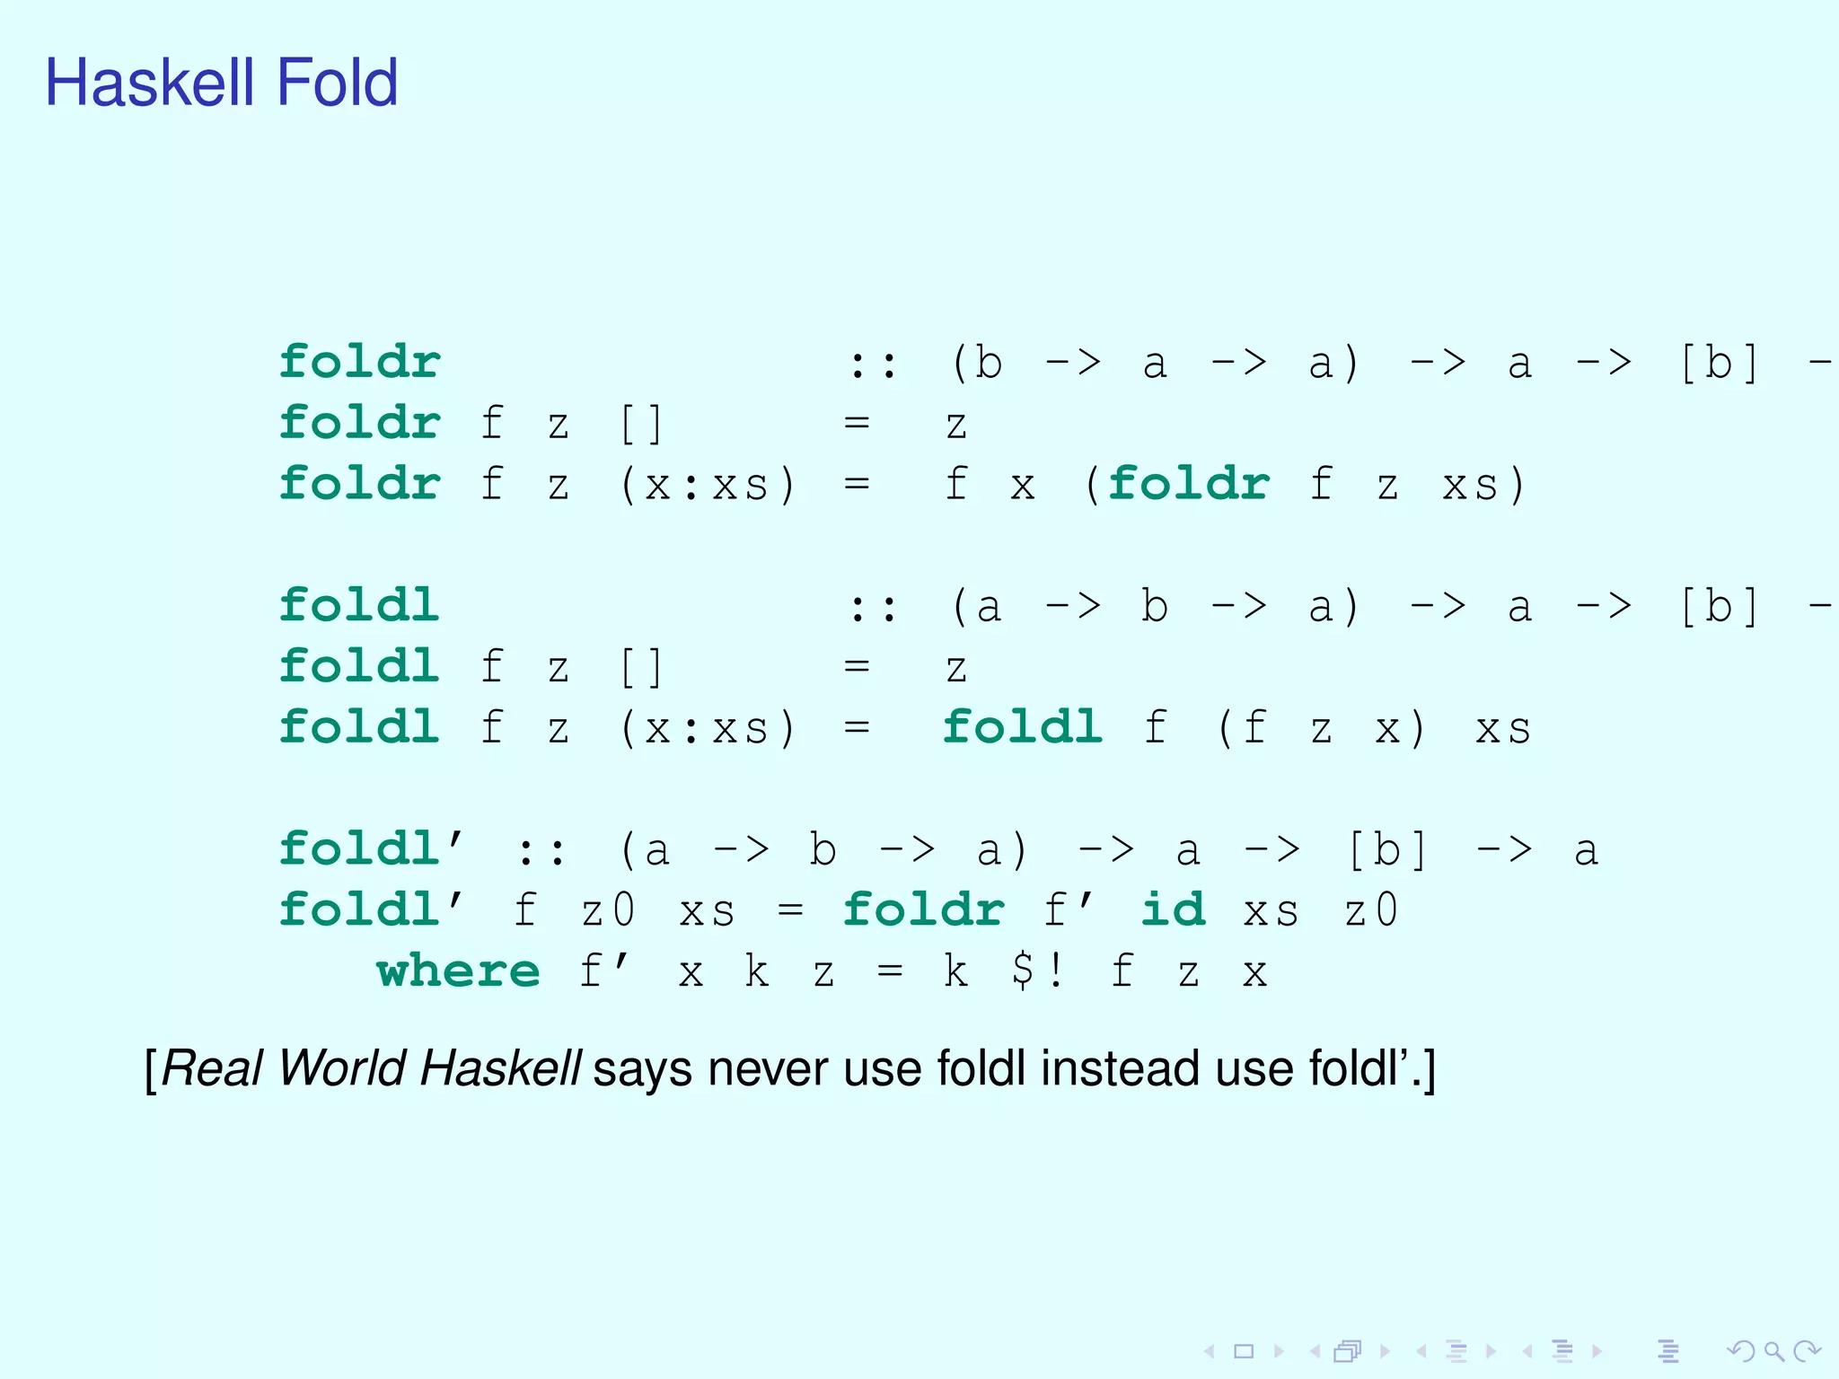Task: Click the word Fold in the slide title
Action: (337, 83)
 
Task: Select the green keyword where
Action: (458, 971)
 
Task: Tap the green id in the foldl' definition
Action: (1173, 909)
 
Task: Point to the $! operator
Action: (1037, 971)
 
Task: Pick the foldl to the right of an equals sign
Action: (1023, 727)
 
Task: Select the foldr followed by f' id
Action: (923, 909)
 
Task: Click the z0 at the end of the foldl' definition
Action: (1370, 911)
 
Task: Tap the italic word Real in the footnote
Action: (212, 1068)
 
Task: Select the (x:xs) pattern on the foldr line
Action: (708, 485)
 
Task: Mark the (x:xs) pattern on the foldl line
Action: (708, 728)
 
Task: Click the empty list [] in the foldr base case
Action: (641, 424)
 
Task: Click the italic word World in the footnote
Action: (342, 1068)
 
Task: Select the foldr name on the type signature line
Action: (359, 362)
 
